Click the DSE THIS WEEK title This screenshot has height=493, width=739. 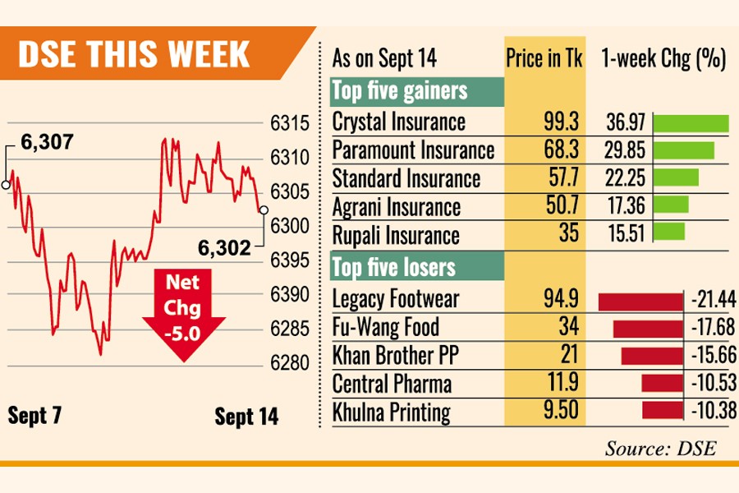[133, 53]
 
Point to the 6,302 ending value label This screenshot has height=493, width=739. [223, 246]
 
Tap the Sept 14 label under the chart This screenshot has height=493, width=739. [246, 417]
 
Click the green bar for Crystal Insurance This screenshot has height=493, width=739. [691, 123]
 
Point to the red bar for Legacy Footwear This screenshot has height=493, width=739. [641, 301]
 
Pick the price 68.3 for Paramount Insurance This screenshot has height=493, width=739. [562, 150]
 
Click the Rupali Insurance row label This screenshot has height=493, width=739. [396, 235]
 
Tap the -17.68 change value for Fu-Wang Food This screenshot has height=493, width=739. [711, 329]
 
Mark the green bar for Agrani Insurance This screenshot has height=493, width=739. [671, 205]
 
